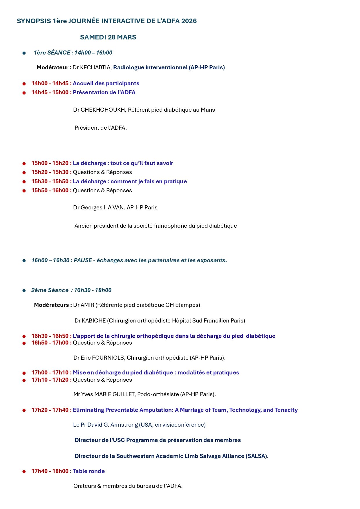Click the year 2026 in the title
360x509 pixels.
189,21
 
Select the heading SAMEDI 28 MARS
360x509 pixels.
108,37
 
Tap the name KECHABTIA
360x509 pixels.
95,67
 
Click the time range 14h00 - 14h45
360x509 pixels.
50,84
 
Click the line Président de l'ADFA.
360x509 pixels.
100,128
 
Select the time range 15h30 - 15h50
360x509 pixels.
50,182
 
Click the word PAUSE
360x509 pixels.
83,260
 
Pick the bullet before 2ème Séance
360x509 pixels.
24,291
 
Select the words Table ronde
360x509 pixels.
89,471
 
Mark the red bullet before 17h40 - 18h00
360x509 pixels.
24,472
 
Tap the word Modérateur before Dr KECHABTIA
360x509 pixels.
53,67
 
